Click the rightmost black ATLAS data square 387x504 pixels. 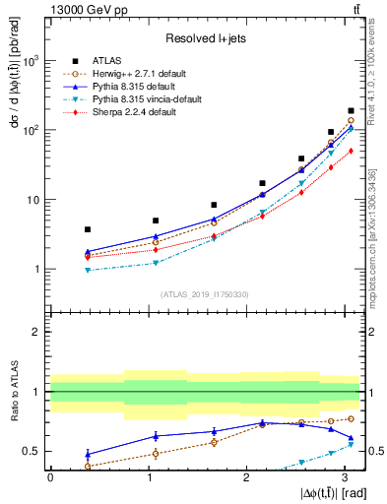[x=351, y=111]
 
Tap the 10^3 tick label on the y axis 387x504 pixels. [x=32, y=61]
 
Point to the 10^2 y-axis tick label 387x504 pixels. [x=32, y=130]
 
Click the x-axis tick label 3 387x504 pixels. [x=343, y=477]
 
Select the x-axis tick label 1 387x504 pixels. [x=148, y=477]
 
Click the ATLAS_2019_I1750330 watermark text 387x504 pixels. [x=204, y=293]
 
